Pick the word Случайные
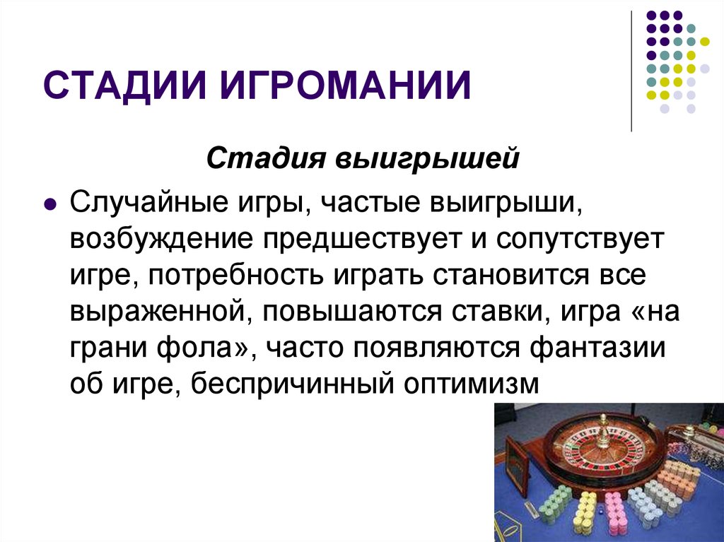(x=148, y=202)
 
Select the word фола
(x=194, y=347)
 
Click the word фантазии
(x=597, y=347)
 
